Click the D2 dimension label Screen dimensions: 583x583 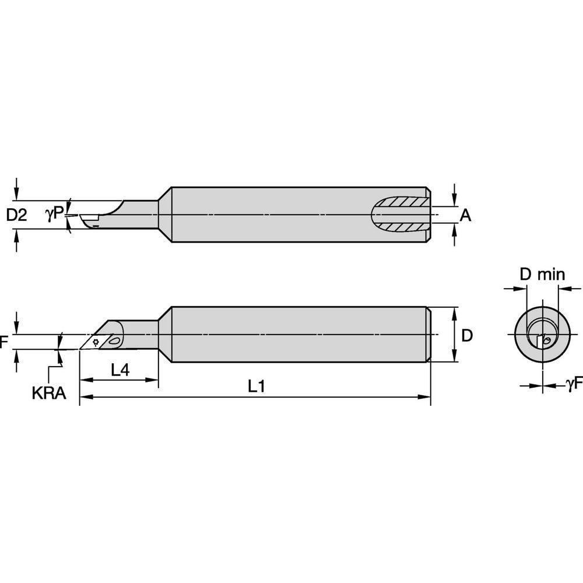[16, 215]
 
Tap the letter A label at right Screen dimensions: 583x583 [465, 216]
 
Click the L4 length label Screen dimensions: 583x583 [119, 370]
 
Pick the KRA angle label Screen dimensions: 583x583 [48, 394]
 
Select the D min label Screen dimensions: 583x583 [542, 274]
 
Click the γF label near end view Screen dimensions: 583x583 [573, 383]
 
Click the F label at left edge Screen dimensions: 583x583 [4, 342]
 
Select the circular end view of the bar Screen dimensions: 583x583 [542, 335]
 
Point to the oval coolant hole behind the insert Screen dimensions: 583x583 [115, 340]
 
